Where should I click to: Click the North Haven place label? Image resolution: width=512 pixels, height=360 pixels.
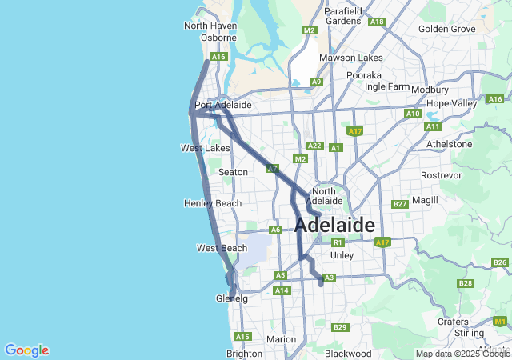(x=210, y=26)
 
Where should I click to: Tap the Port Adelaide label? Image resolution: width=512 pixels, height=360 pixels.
(x=223, y=105)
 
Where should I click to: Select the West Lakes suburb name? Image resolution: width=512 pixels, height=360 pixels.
(x=205, y=148)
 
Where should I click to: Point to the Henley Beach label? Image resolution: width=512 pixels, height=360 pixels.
(x=212, y=203)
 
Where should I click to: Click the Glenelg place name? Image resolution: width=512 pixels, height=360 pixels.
(x=232, y=298)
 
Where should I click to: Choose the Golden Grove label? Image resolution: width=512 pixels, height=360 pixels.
(x=446, y=29)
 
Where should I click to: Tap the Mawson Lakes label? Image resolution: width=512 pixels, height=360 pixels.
(x=350, y=58)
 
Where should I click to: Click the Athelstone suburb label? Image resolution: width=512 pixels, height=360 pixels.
(x=449, y=144)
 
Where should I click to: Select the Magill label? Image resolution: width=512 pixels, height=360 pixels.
(x=425, y=199)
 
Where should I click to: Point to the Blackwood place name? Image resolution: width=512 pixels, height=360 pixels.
(x=348, y=353)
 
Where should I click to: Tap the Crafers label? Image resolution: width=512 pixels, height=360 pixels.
(x=453, y=321)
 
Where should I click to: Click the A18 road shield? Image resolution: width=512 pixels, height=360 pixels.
(x=378, y=22)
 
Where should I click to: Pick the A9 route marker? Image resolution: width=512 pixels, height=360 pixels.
(x=317, y=82)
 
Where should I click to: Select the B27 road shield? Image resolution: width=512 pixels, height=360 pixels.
(x=401, y=204)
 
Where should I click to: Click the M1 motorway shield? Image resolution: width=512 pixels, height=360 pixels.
(x=500, y=321)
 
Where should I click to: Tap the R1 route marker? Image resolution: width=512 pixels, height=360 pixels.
(x=338, y=242)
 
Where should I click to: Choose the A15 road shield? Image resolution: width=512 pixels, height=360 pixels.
(x=242, y=336)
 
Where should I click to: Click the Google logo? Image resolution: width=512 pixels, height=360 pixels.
(x=26, y=350)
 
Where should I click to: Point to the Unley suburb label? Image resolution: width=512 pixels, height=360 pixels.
(x=342, y=255)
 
